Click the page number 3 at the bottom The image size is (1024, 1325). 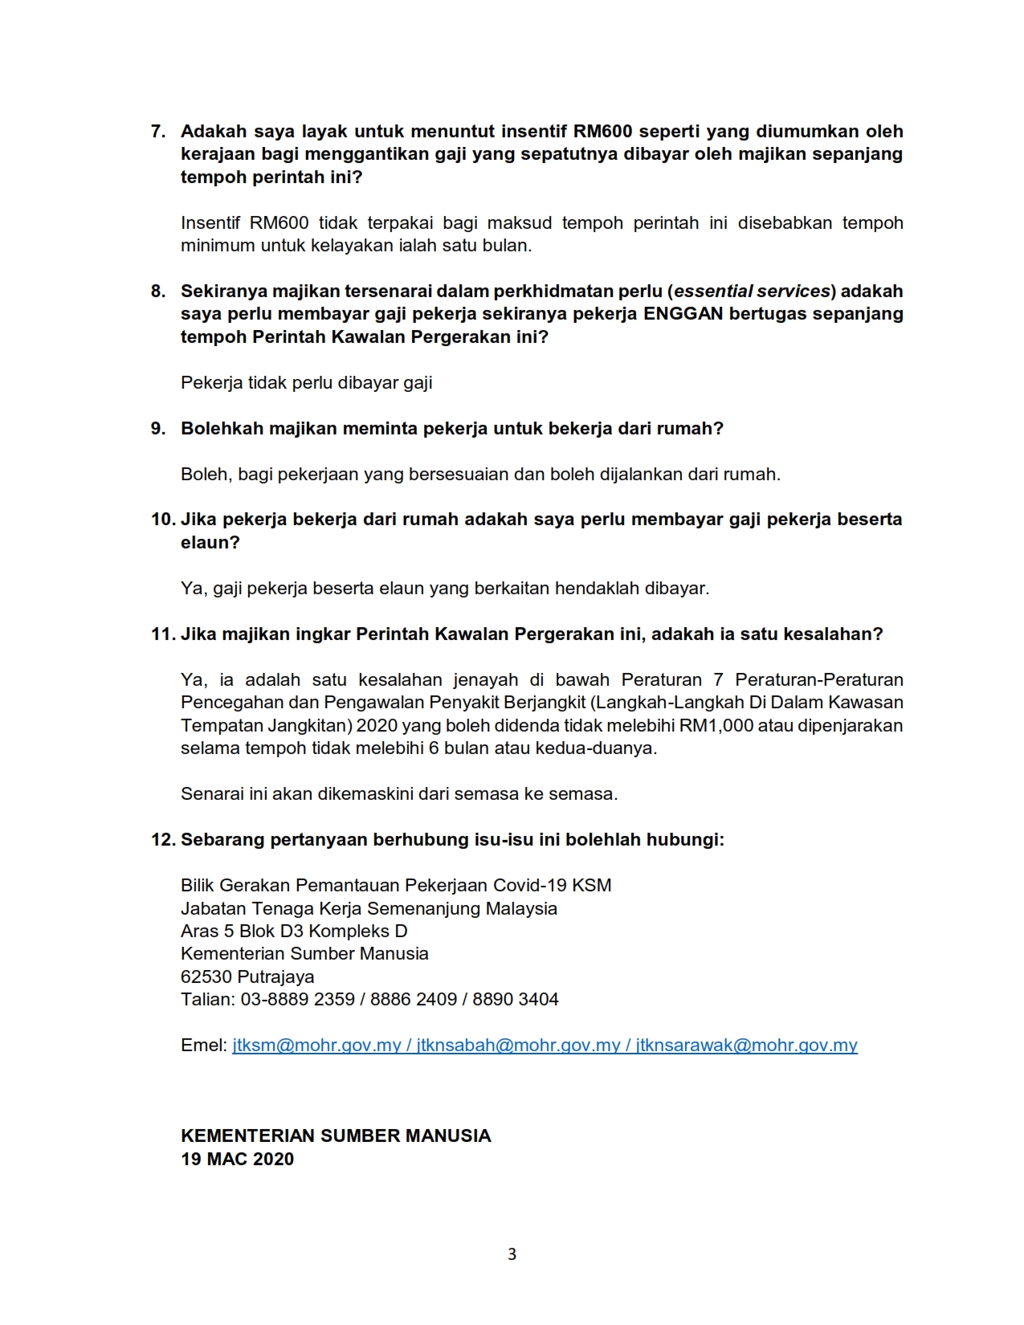point(512,1254)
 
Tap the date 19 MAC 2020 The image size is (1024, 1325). point(237,1159)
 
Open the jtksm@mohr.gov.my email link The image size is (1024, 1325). point(316,1046)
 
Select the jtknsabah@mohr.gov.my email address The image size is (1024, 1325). point(518,1046)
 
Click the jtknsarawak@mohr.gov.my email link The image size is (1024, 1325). point(746,1046)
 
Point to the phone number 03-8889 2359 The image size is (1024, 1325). point(297,1000)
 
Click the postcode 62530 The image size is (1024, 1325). point(207,977)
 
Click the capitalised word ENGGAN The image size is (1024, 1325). point(683,314)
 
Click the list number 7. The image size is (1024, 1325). point(157,132)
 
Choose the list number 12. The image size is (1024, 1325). point(162,840)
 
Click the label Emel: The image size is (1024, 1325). point(204,1046)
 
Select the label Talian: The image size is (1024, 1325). point(208,1000)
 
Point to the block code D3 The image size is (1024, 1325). point(292,932)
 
